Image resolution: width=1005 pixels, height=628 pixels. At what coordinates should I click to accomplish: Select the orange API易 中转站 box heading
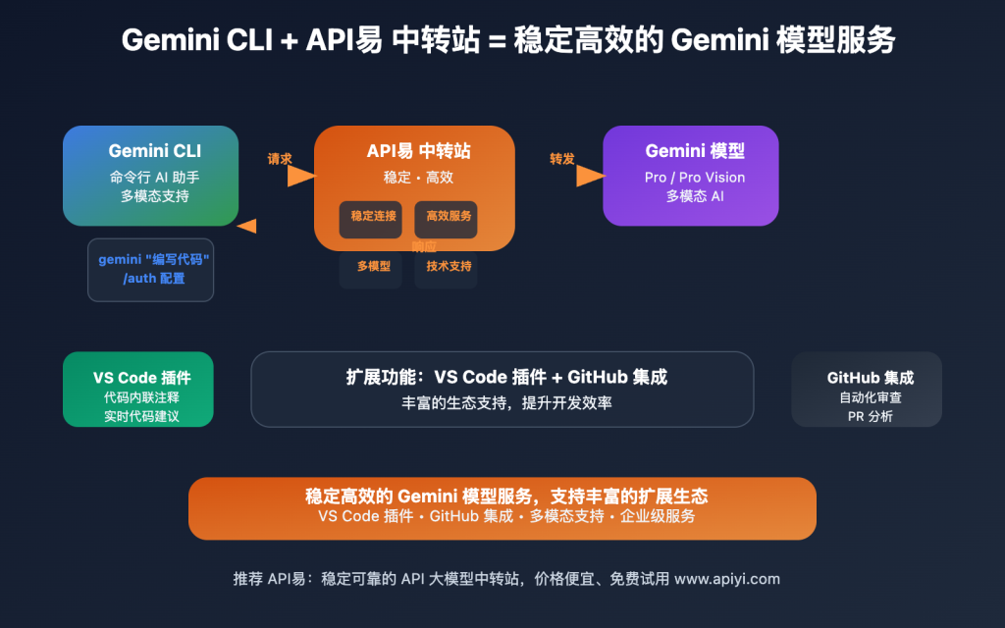[418, 151]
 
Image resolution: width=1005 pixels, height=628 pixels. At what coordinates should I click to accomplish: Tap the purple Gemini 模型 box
[693, 175]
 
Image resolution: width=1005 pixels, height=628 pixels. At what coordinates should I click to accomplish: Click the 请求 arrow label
[280, 158]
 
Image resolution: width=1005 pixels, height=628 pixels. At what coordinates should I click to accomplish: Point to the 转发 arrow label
[562, 158]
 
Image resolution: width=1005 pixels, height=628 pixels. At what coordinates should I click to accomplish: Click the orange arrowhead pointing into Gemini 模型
[589, 176]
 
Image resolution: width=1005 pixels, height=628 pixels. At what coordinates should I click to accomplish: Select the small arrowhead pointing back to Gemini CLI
[246, 226]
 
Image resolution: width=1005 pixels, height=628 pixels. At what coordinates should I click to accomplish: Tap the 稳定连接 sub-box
[371, 217]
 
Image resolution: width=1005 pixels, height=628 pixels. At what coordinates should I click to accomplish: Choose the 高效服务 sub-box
[449, 217]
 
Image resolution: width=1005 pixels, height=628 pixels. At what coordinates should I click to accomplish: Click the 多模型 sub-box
[372, 266]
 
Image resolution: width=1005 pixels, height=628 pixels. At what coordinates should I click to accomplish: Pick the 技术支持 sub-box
[449, 266]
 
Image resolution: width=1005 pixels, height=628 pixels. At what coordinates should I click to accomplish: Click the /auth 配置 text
[154, 279]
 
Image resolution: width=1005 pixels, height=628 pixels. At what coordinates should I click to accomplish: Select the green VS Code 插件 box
[137, 389]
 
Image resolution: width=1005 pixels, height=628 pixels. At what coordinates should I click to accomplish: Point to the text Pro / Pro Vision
[694, 178]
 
